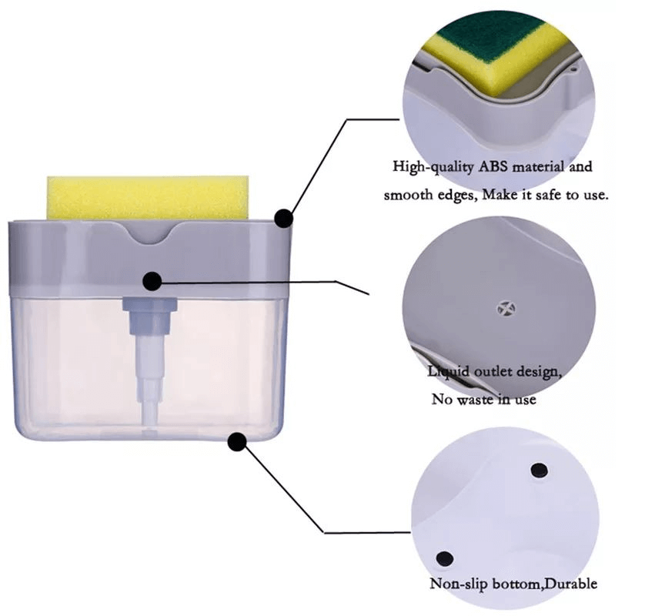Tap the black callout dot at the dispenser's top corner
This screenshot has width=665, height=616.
pos(283,219)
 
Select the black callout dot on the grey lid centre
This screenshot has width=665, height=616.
pos(152,281)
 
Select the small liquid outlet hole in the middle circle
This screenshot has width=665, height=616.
pos(506,309)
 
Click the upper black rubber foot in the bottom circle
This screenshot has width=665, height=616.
pos(539,470)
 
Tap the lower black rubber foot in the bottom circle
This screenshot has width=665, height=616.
pos(444,558)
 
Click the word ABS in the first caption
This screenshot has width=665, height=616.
pos(493,166)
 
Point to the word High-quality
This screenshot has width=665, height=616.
pos(433,167)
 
